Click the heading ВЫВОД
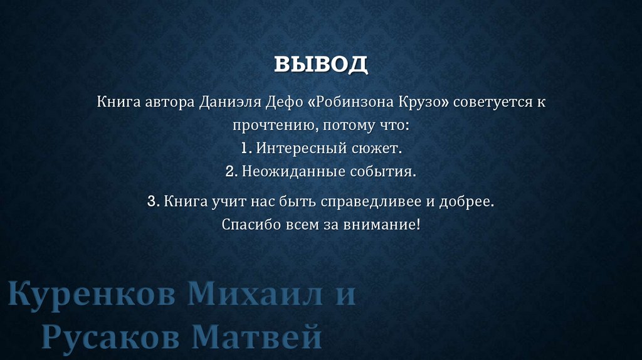pyautogui.click(x=320, y=64)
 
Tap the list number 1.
pyautogui.click(x=246, y=149)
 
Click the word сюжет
pyautogui.click(x=378, y=149)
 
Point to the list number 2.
pyautogui.click(x=231, y=171)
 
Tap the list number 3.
pyautogui.click(x=152, y=201)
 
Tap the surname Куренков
pyautogui.click(x=92, y=295)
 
